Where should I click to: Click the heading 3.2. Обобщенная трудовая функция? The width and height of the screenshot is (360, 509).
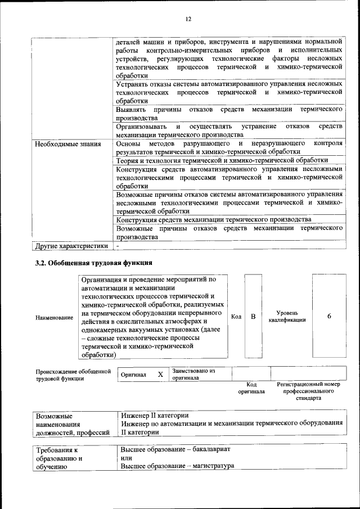coord(93,263)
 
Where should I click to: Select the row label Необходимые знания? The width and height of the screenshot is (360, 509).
coord(67,143)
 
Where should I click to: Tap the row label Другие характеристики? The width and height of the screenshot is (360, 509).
coord(71,246)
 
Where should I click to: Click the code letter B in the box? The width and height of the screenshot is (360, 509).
coord(253,317)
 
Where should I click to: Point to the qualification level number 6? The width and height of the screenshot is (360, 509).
coord(328,317)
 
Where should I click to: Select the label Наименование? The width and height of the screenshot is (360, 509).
coord(54,318)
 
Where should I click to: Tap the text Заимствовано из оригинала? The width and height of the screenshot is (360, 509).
coord(193,375)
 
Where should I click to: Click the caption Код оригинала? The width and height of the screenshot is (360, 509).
coord(251,388)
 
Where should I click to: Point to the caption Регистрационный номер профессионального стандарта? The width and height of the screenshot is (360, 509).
coord(309,391)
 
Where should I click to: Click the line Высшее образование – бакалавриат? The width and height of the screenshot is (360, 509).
coord(175,450)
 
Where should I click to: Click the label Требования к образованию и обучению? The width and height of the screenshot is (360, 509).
coord(59,458)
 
